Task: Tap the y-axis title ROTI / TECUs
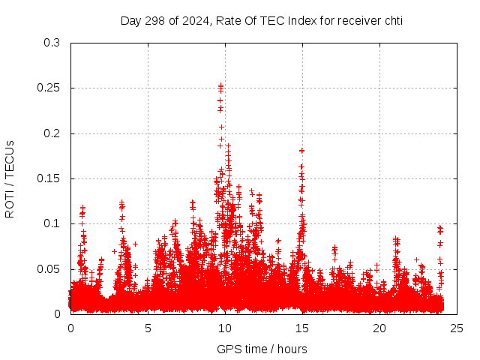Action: (x=10, y=178)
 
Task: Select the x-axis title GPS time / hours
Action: (x=262, y=349)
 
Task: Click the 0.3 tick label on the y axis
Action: (x=52, y=43)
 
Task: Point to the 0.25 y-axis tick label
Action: (x=49, y=88)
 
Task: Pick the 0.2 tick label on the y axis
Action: (x=52, y=133)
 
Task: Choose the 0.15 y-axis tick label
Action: (x=49, y=178)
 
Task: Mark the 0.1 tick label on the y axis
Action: (x=52, y=223)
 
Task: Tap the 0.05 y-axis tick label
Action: (x=49, y=268)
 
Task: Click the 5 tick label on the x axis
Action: (x=148, y=328)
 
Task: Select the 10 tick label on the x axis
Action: (x=225, y=328)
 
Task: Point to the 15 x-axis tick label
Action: (x=302, y=328)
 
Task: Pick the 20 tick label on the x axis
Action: (x=379, y=328)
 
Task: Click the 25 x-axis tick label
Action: (x=457, y=328)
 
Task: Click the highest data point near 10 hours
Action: (x=220, y=85)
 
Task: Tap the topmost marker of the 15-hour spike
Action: (x=301, y=151)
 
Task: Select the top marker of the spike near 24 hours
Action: (x=440, y=227)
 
